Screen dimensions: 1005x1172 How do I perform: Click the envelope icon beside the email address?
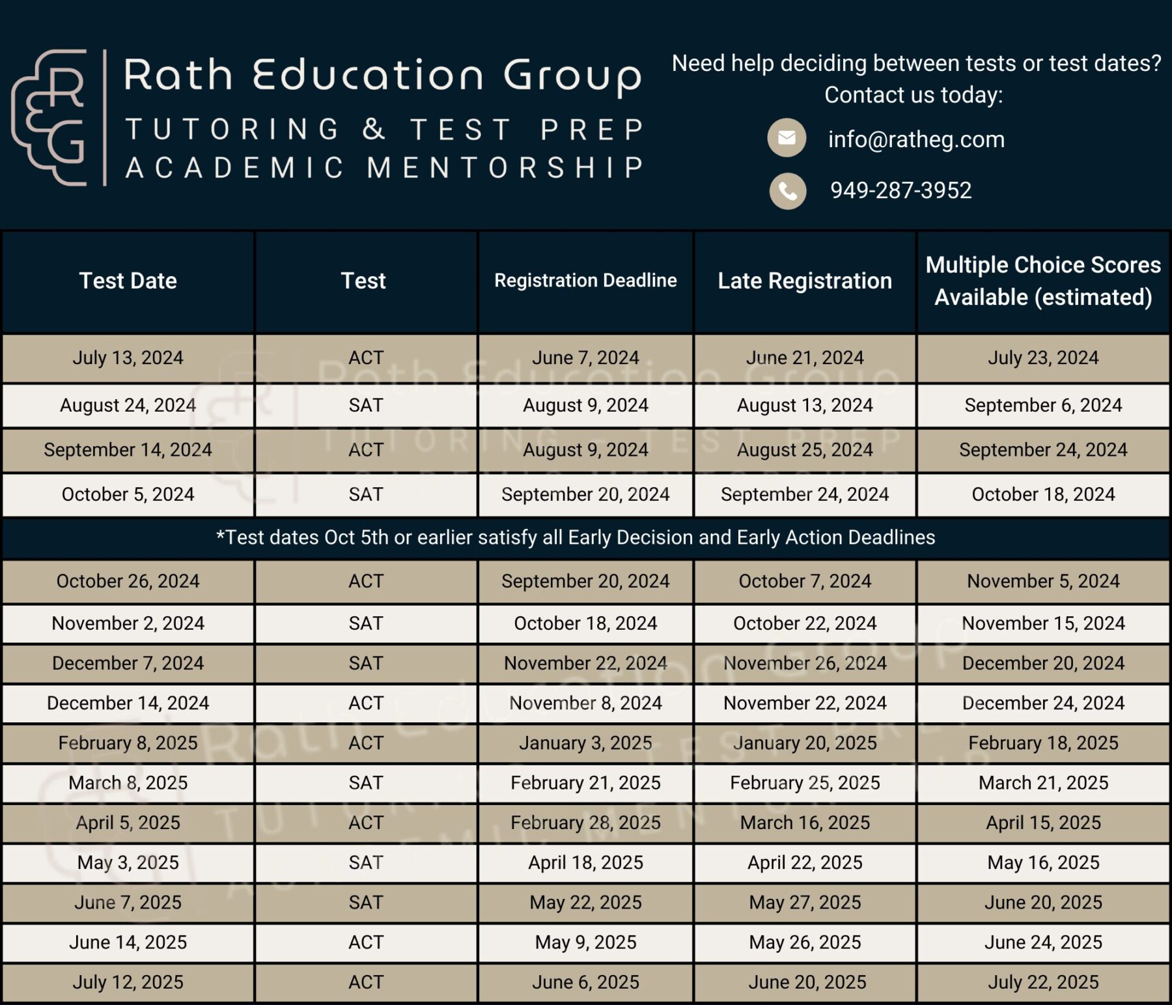(787, 138)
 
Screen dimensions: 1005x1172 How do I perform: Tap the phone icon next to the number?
(788, 191)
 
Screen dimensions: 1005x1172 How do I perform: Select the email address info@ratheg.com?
(916, 139)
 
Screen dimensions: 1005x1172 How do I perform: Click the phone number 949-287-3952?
(900, 190)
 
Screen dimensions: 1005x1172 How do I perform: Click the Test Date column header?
(128, 281)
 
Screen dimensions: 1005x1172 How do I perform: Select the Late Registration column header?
(805, 281)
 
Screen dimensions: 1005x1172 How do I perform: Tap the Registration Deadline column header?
(585, 281)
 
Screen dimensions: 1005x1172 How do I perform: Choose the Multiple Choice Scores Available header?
(1043, 281)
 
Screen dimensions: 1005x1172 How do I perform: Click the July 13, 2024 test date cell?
(128, 358)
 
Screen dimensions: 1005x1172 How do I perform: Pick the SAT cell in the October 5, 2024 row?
(366, 494)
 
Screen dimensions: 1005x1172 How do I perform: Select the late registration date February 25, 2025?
(805, 782)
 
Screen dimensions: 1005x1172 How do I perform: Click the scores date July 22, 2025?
(1043, 982)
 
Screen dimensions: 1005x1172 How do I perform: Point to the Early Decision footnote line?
(576, 537)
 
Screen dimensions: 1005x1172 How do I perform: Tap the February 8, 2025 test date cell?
(128, 743)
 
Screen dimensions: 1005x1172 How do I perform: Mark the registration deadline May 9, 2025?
(585, 942)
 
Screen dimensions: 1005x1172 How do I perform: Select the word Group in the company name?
(572, 76)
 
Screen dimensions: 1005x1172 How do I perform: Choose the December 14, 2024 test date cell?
(128, 703)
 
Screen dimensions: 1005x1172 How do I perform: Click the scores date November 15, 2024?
(1043, 623)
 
